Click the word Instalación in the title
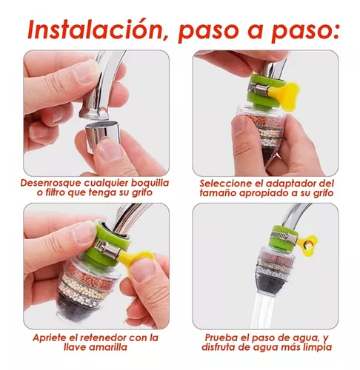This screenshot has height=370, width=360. tap(96, 29)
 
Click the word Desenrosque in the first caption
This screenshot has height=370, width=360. tap(50, 183)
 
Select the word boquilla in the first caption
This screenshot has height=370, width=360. tap(150, 183)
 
